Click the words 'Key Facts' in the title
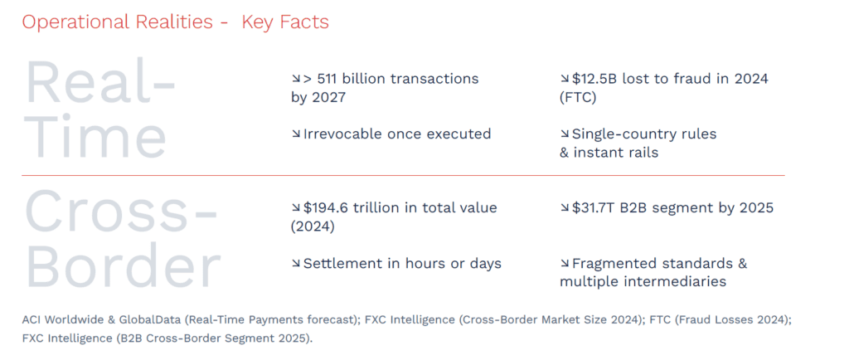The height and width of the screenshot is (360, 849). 285,22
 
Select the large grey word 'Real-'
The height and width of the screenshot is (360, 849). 101,83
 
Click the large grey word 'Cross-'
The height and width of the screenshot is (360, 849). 121,212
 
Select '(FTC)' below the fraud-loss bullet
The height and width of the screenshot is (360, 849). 578,98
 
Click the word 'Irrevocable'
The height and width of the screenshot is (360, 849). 342,134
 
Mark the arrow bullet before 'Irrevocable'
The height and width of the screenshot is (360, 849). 296,134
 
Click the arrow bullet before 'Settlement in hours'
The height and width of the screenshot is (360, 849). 296,264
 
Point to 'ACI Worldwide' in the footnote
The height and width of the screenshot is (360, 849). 58,319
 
